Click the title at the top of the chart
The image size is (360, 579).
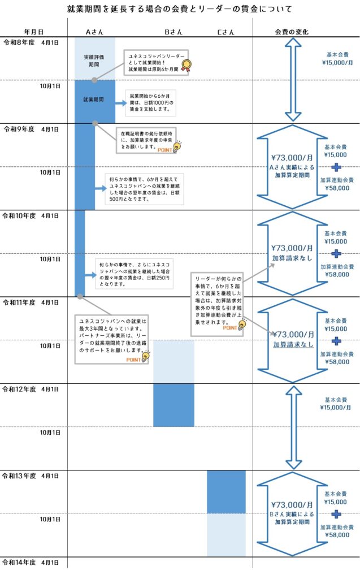tap(180, 9)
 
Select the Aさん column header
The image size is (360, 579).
tap(93, 32)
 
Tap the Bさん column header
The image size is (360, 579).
tap(173, 32)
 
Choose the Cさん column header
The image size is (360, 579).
tap(225, 32)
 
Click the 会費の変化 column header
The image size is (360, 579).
tap(292, 32)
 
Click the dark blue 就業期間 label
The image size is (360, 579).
tap(94, 100)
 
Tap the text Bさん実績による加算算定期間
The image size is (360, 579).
tap(292, 518)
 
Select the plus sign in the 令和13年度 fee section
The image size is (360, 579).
tap(336, 514)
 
